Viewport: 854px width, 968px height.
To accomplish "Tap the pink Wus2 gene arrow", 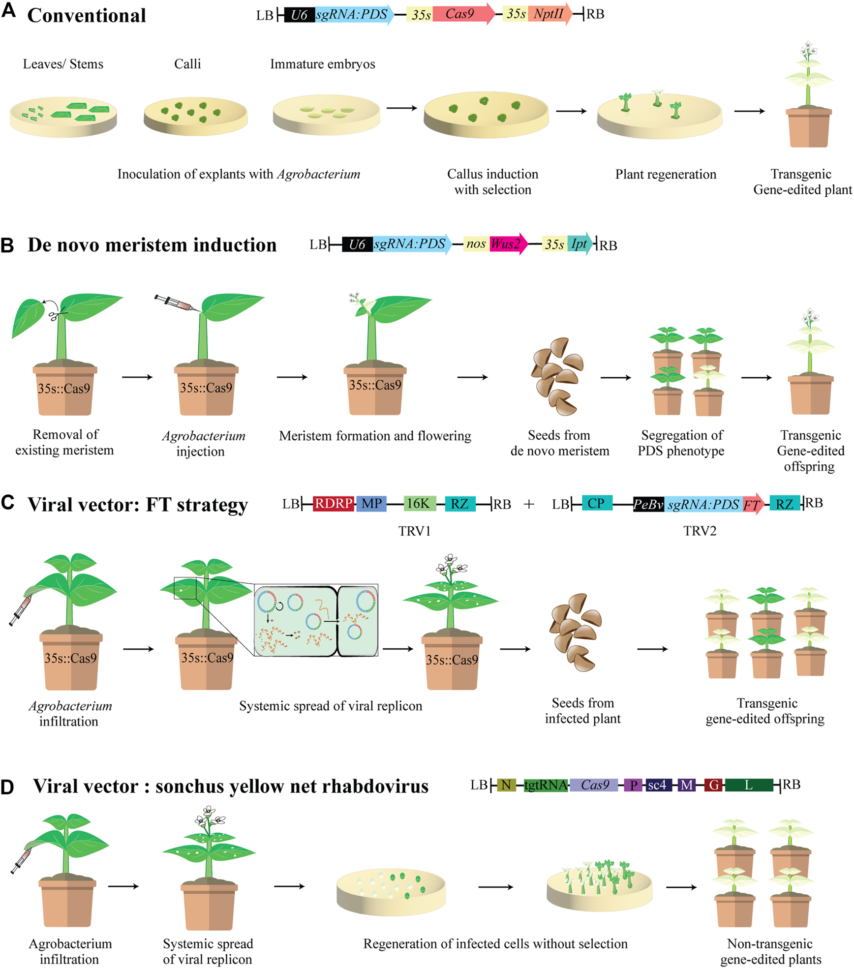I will [x=507, y=244].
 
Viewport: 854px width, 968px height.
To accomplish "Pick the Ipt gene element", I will [x=579, y=244].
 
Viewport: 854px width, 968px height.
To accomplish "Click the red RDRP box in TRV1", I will [x=334, y=504].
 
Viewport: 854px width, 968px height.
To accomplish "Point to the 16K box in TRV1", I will [x=419, y=504].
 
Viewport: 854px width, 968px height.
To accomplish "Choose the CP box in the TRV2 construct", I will [x=596, y=503].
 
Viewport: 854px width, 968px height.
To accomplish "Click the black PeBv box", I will [x=648, y=504].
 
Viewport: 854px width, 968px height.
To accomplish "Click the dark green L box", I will [x=748, y=785].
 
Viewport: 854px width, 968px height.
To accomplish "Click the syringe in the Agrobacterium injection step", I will [x=175, y=303].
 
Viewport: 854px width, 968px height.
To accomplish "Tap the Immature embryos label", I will [x=322, y=64].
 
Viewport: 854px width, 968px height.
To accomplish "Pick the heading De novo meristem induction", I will [x=152, y=245].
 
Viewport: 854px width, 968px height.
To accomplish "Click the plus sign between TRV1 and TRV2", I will [x=529, y=504].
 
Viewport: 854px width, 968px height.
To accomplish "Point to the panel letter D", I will [x=7, y=787].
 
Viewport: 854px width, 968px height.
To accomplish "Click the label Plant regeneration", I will [x=665, y=174].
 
